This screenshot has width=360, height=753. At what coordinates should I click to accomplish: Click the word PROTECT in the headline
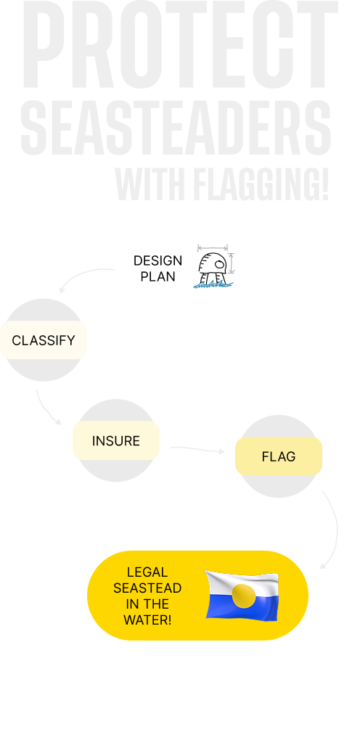tap(180, 44)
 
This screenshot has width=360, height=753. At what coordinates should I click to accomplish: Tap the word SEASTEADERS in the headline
tap(176, 128)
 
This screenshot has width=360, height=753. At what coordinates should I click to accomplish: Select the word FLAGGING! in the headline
tap(261, 185)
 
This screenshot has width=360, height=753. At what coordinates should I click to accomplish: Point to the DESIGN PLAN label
tap(157, 268)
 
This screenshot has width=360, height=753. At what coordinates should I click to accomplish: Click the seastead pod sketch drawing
tap(214, 267)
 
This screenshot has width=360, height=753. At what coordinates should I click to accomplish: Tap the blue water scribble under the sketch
tap(213, 285)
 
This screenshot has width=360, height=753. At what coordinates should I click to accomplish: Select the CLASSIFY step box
tap(44, 340)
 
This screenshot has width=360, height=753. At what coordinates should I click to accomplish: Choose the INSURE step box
tap(116, 441)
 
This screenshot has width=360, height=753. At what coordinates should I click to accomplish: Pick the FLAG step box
tap(278, 456)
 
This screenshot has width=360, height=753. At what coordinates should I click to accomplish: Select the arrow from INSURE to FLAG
tap(197, 449)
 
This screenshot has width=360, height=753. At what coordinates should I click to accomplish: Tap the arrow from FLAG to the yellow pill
tap(336, 528)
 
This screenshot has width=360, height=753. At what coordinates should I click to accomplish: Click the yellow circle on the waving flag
tap(244, 596)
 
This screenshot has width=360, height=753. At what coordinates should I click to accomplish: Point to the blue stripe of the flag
tap(242, 609)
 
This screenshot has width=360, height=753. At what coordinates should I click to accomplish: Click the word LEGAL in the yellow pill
tap(147, 572)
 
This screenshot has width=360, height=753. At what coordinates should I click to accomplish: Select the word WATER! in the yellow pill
tap(147, 620)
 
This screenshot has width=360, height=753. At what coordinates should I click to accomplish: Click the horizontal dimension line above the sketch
tap(213, 248)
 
